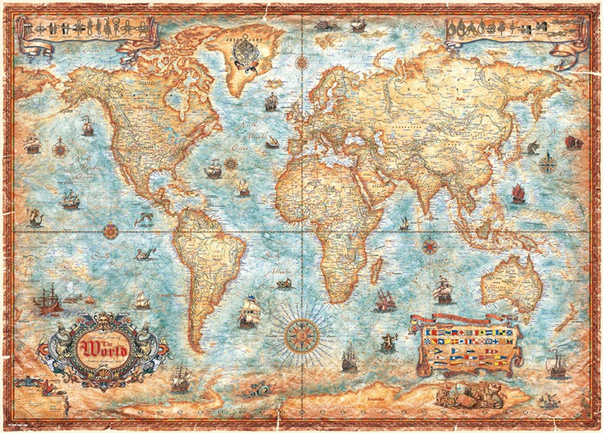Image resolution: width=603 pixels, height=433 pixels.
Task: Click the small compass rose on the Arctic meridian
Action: (300, 64)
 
